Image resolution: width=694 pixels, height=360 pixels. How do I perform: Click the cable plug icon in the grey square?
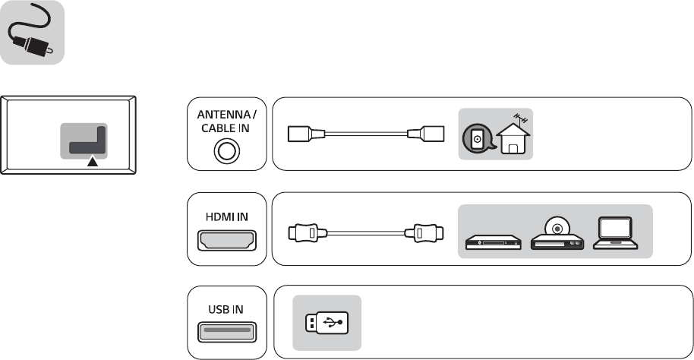click(33, 35)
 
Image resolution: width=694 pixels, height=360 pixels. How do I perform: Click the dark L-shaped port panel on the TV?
click(85, 142)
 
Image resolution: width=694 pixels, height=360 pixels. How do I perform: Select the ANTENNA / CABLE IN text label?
click(227, 121)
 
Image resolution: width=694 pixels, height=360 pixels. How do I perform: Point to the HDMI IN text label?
click(228, 216)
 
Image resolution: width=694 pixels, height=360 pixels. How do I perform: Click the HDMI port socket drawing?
click(228, 241)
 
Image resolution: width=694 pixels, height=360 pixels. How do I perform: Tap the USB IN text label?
click(228, 310)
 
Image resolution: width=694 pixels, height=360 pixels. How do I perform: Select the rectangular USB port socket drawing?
click(228, 333)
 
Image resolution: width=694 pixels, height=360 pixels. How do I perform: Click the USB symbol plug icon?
click(327, 322)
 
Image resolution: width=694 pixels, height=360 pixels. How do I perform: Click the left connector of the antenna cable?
click(307, 135)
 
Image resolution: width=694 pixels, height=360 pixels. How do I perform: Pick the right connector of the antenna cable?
click(423, 135)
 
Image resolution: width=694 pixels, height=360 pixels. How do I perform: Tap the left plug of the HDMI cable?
click(308, 232)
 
